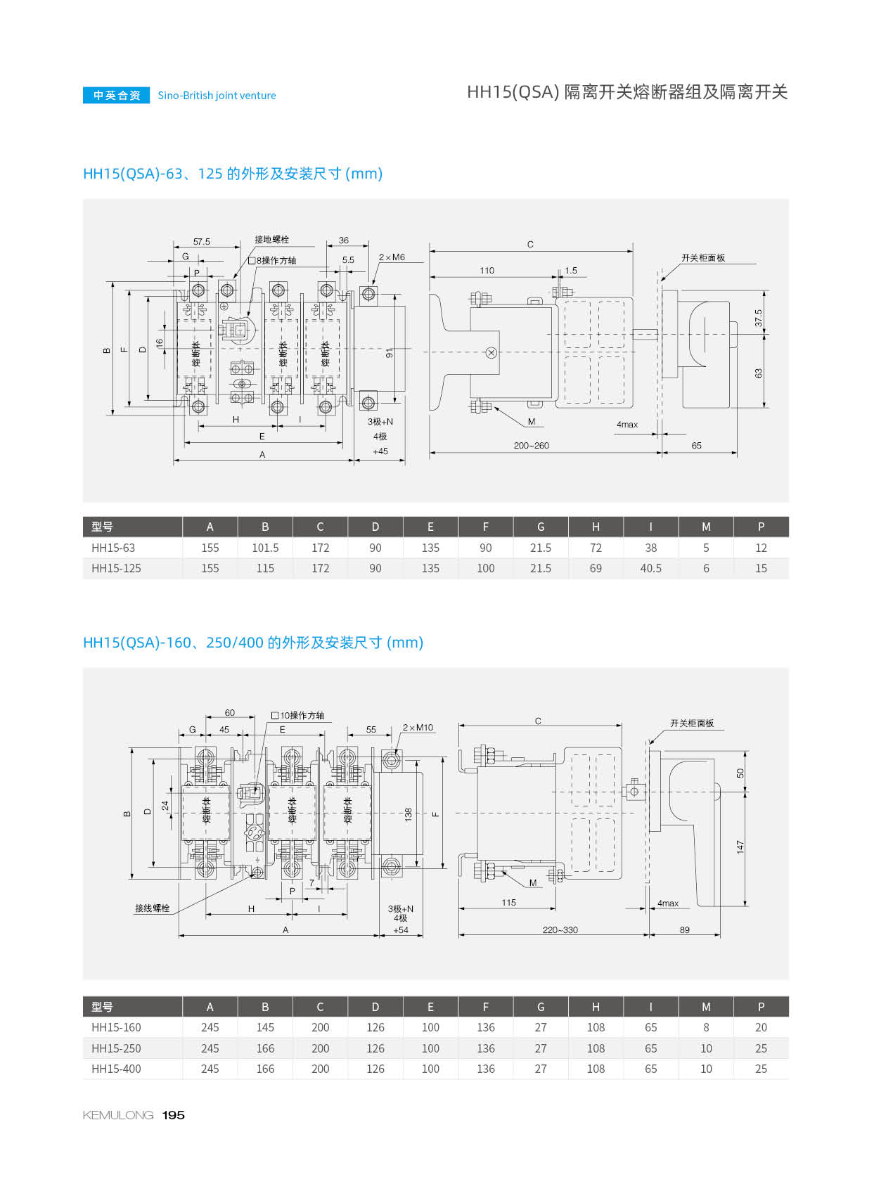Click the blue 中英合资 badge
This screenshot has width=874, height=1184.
pos(116,96)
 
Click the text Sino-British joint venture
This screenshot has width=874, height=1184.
pos(217,96)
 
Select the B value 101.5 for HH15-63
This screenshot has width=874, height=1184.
pos(265,548)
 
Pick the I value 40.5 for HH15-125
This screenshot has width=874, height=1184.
pos(650,568)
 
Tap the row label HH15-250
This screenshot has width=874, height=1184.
pos(116,1048)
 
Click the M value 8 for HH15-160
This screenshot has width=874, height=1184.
pos(706,1027)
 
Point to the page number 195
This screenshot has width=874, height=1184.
pos(173,1115)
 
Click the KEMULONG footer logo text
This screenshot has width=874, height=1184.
pos(118,1115)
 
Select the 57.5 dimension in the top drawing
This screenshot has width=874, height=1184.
pos(202,242)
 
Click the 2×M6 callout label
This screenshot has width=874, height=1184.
pos(392,257)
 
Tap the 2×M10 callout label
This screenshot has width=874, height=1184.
pos(418,728)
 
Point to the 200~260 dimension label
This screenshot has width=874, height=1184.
pos(531,446)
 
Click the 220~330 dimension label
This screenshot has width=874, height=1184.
pos(560,929)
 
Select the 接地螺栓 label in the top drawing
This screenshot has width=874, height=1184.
pos(271,240)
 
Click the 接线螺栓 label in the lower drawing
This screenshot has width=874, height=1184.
pos(153,908)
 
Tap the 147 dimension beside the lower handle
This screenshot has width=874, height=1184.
pos(740,847)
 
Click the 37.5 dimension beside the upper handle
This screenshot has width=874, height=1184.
pos(758,318)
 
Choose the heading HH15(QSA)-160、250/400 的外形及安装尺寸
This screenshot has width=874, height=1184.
pos(252,643)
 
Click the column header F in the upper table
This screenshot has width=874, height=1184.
pos(485,527)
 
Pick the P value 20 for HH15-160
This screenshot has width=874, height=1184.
pos(761,1027)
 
